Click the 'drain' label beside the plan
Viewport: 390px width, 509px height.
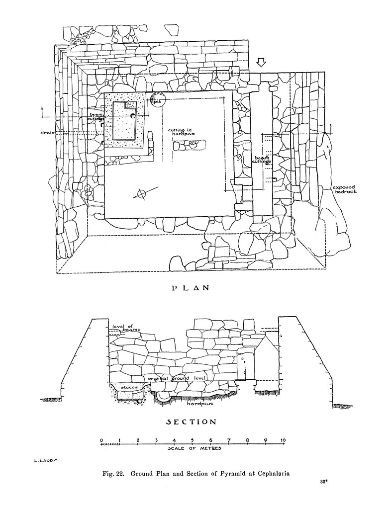[48, 133]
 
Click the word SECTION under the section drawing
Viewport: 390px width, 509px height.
[191, 422]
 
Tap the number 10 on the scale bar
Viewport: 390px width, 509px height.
[283, 440]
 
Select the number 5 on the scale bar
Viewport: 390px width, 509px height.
[192, 440]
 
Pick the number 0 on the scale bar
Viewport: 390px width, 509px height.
[101, 440]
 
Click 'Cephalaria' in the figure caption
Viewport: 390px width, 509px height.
[273, 474]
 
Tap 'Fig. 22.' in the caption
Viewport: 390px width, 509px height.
[113, 474]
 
